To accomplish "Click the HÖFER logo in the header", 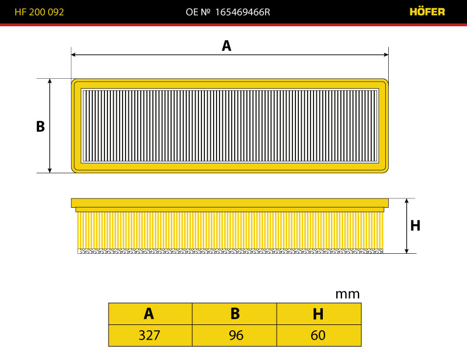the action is [x=427, y=12].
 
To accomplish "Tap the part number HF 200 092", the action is [x=39, y=12].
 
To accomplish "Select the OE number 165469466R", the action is [x=242, y=12].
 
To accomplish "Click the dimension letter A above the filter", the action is [x=226, y=46].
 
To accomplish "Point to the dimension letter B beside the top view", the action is [x=40, y=126].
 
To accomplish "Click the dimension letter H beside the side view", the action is [x=415, y=225].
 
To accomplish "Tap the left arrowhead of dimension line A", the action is [x=74, y=54].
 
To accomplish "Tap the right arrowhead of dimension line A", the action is [x=386, y=54].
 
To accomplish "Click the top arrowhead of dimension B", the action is [x=50, y=81].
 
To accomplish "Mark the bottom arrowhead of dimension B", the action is [x=50, y=170].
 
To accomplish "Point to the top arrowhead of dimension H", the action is [x=406, y=201].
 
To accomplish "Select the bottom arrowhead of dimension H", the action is [x=406, y=251].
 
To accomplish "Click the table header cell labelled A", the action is [x=151, y=314].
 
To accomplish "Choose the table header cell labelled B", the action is [x=235, y=314].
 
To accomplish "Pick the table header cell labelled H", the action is [x=319, y=314].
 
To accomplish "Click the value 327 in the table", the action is [x=149, y=335].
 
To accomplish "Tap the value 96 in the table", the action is [x=236, y=335].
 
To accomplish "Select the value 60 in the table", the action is [x=318, y=335].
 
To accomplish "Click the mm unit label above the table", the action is [x=347, y=294].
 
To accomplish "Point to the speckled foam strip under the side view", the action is [x=230, y=251].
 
